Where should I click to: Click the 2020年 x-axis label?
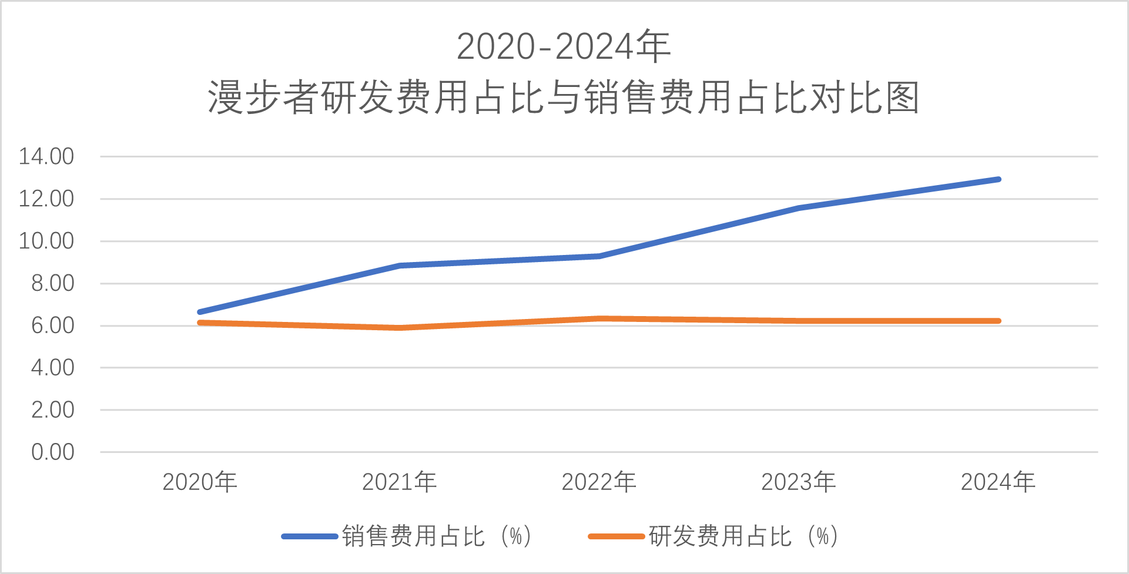coord(199,482)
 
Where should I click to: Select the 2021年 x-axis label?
coord(399,482)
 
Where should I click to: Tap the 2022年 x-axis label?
coord(599,482)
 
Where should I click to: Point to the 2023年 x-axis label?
coord(798,482)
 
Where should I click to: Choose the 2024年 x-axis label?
coord(998,482)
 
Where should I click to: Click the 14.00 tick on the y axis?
coord(46,157)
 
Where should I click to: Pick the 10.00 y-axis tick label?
coord(46,241)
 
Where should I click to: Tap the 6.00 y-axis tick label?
coord(52,325)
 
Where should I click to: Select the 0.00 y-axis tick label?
coord(52,452)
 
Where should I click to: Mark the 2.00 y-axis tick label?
coord(52,410)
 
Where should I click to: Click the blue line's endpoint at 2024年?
coord(998,179)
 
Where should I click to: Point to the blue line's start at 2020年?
coord(200,312)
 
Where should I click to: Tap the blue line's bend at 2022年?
coord(599,256)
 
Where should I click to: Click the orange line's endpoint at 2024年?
coord(998,321)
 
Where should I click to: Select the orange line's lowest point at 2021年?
coord(399,328)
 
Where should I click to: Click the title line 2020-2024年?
coord(564,46)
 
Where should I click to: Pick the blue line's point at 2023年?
coord(799,208)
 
